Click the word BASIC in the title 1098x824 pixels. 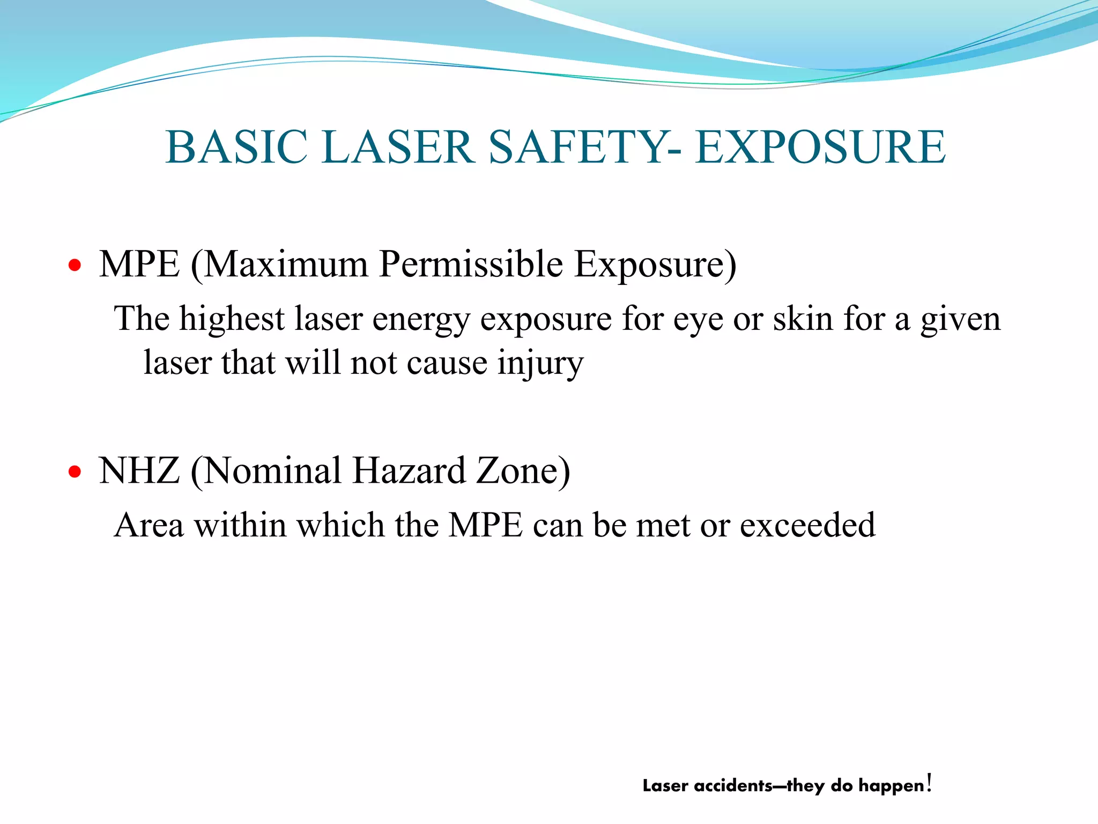coord(236,147)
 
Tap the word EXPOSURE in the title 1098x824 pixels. coord(820,147)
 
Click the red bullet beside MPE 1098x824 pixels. coord(75,265)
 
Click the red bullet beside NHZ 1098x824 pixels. coord(75,472)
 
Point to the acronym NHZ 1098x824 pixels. coord(139,470)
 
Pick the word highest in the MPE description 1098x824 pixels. coord(231,320)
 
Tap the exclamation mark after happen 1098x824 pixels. coord(929,783)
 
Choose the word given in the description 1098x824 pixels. coord(960,320)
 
